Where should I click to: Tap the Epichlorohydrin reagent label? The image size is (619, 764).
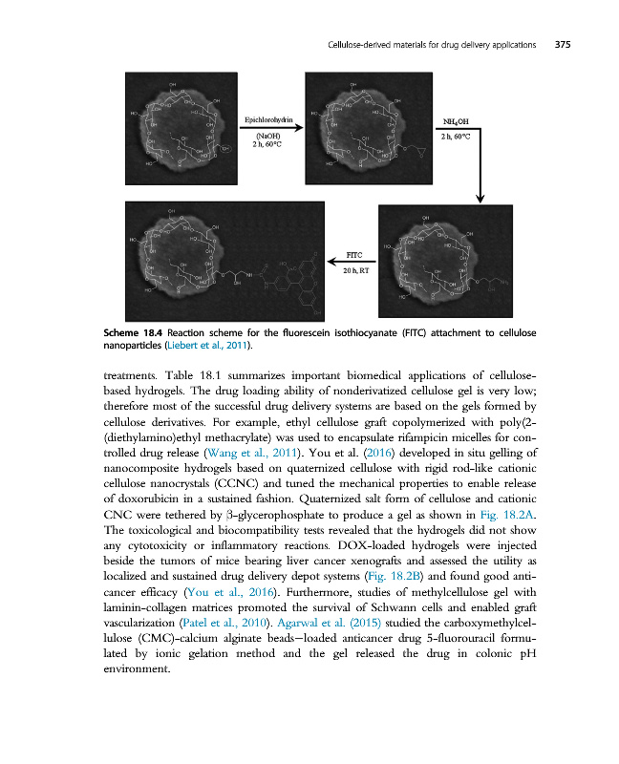[267, 120]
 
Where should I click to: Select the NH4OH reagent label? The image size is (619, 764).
[456, 121]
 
